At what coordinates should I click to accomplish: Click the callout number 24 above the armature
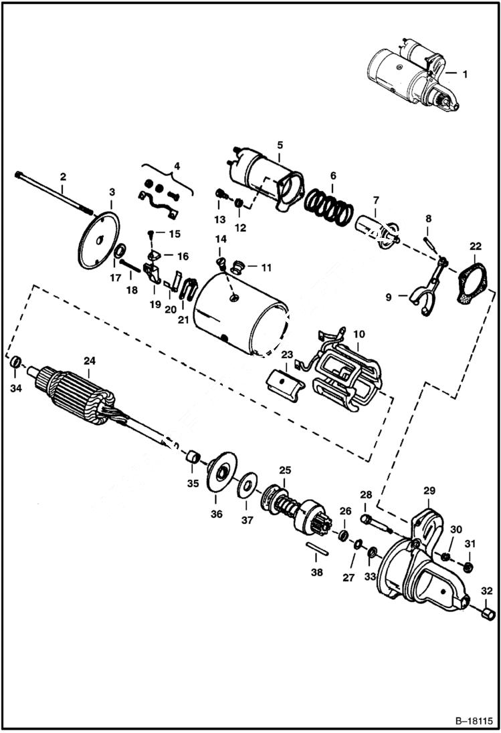(x=89, y=361)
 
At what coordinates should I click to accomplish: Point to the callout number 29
(x=428, y=491)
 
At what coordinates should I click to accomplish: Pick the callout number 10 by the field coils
(x=359, y=332)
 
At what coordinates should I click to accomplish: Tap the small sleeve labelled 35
(x=193, y=458)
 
